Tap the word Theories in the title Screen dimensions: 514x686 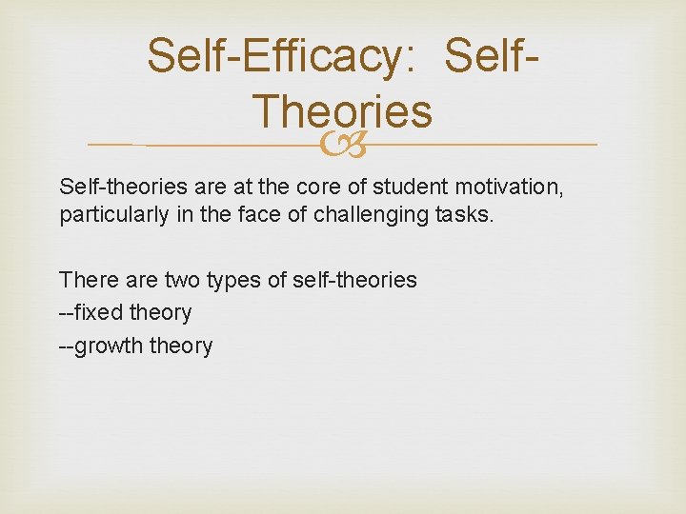[x=342, y=111]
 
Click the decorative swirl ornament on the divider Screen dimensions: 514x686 [x=342, y=145]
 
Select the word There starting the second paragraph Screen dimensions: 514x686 [x=86, y=280]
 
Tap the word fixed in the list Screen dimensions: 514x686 [x=97, y=312]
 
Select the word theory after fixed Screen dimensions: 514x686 [x=159, y=312]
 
